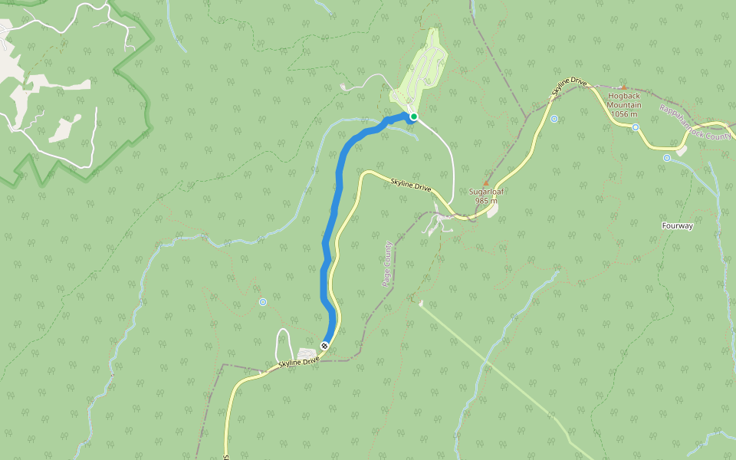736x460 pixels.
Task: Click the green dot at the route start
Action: (413, 117)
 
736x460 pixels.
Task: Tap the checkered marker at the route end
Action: (325, 346)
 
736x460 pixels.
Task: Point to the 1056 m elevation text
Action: (624, 114)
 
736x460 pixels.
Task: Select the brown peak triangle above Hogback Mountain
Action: (623, 87)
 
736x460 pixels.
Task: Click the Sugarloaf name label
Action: (486, 192)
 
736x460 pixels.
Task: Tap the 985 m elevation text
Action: (486, 201)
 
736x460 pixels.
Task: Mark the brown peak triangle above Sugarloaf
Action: (486, 182)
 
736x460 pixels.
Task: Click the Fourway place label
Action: (677, 226)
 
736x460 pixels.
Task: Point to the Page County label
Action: (388, 264)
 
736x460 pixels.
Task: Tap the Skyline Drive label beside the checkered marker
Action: (299, 362)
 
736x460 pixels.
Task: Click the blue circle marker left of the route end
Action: (263, 302)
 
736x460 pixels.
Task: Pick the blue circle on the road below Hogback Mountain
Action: (636, 127)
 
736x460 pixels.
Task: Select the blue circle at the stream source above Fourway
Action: (667, 158)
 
